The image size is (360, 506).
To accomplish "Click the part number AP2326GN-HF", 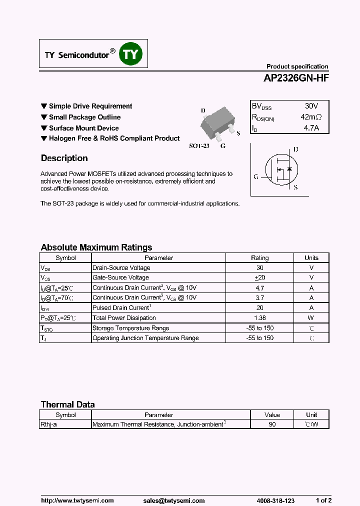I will (296, 78).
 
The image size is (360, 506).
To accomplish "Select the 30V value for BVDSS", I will (311, 106).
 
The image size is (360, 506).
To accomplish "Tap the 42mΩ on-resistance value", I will (311, 117).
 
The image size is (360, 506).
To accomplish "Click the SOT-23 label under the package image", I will (198, 146).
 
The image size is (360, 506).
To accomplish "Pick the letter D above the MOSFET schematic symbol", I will (295, 149).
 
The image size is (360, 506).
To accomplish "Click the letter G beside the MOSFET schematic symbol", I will (256, 176).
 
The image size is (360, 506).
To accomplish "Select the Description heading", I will (64, 158).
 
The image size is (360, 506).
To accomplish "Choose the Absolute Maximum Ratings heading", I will (96, 247).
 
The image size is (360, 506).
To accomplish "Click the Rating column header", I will (259, 258).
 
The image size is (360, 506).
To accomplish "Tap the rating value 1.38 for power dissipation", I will (259, 318).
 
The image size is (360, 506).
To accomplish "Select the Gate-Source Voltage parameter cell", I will (120, 277).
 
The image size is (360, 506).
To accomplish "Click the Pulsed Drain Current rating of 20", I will (259, 308).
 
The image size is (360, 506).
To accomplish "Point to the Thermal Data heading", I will (67, 404).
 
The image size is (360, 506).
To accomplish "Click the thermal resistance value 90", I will (272, 424).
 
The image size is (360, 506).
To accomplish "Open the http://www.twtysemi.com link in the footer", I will (77, 500).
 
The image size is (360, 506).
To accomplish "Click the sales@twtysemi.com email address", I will (174, 500).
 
